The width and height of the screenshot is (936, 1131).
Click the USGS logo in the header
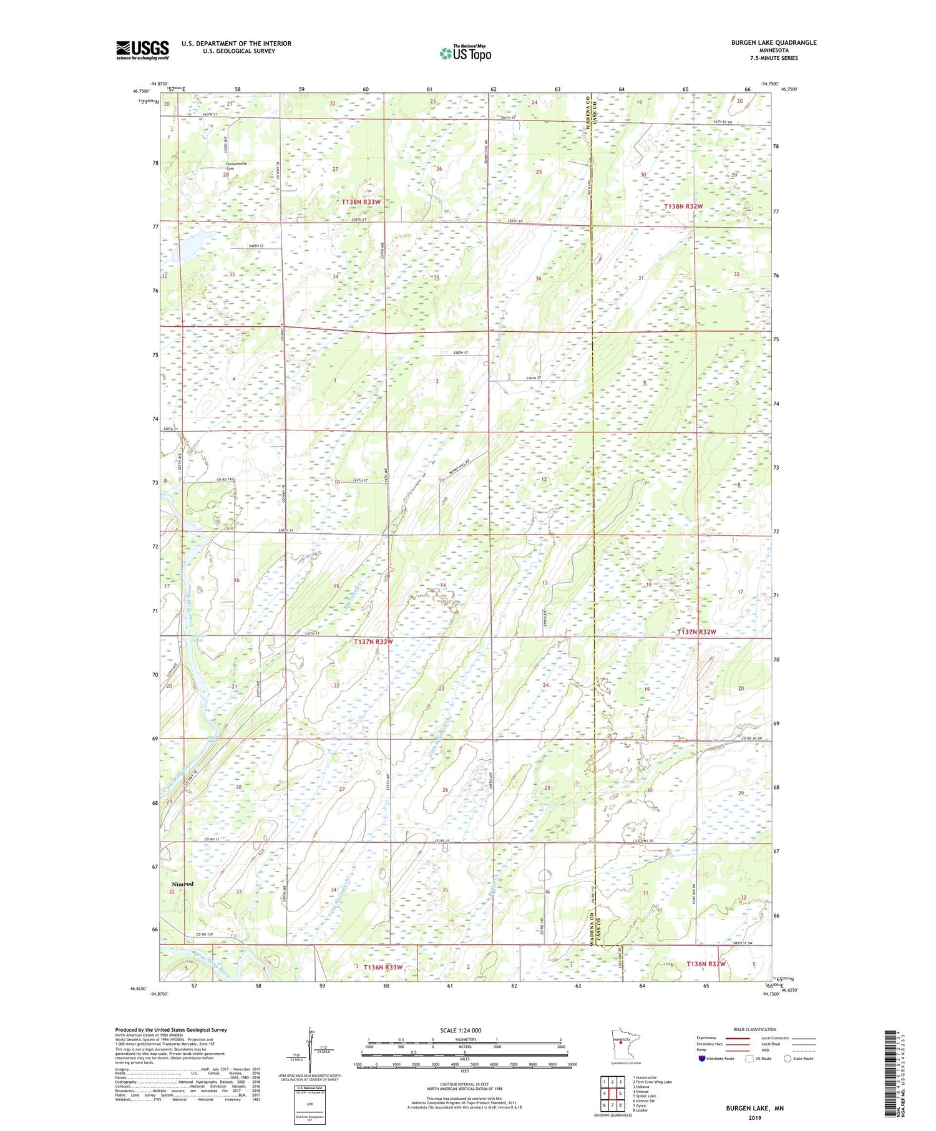click(x=142, y=50)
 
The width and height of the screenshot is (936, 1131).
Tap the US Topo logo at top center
click(x=465, y=53)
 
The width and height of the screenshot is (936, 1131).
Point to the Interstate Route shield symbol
click(x=701, y=1059)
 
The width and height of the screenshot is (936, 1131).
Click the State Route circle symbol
click(x=787, y=1059)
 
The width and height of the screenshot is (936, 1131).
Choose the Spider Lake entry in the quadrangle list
click(x=644, y=1096)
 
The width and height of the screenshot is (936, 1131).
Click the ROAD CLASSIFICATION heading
click(x=755, y=1029)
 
